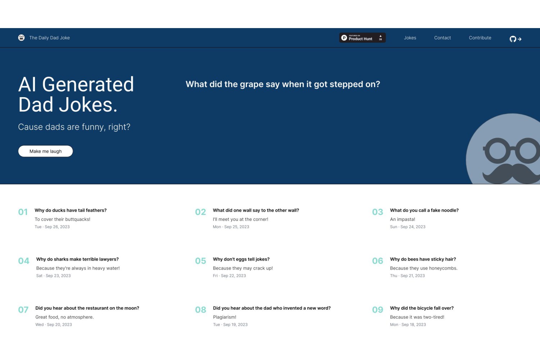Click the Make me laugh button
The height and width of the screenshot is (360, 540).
45,151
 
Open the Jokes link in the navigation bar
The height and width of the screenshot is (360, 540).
410,38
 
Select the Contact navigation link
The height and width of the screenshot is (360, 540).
442,38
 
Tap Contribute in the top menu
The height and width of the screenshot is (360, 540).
480,38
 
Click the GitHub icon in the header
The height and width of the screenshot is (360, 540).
513,39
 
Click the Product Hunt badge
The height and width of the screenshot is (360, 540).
362,38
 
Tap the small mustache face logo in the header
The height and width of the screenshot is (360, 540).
22,37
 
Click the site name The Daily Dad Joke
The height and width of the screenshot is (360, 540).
49,38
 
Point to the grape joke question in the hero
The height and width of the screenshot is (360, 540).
283,84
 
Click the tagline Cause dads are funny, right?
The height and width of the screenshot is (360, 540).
74,127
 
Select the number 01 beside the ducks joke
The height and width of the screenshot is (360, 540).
23,212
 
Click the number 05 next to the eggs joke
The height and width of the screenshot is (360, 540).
201,261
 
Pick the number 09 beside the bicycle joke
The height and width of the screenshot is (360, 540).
378,310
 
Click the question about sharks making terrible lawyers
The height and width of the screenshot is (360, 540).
77,259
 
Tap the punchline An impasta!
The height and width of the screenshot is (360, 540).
402,219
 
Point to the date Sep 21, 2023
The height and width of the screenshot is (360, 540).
413,276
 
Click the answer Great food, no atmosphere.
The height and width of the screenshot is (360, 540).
64,317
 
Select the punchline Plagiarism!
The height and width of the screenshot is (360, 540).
225,317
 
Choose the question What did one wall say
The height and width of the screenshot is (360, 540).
256,210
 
